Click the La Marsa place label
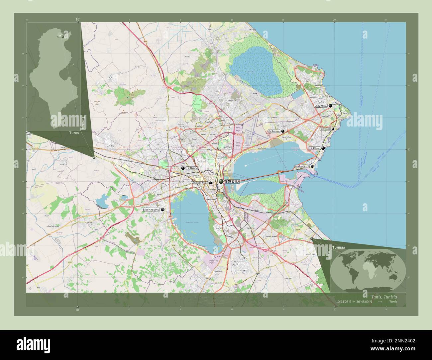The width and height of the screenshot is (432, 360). click(321, 106)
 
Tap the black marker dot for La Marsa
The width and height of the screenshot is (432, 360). click(330, 106)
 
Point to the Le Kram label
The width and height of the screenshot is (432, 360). click(314, 148)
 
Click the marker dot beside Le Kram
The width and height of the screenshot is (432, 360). click(323, 148)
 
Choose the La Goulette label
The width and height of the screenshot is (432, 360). click(302, 166)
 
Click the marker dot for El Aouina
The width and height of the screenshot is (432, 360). click(283, 132)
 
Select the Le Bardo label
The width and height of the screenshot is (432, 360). click(192, 168)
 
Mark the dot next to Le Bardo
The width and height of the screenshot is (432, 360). click(183, 168)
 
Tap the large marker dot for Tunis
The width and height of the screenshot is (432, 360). click(221, 181)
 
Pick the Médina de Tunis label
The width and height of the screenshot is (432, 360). click(200, 183)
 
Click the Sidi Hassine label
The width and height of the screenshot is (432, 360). click(151, 210)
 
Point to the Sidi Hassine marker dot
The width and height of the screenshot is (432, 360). click(163, 210)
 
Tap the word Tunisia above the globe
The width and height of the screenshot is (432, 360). click(338, 248)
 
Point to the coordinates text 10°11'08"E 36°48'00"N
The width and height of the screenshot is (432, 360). click(354, 302)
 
